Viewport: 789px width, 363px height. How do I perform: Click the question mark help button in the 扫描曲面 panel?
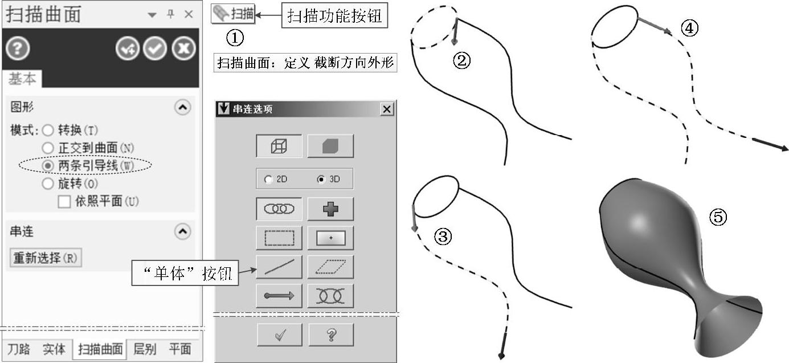pyautogui.click(x=17, y=48)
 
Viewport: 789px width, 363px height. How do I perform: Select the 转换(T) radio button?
pyautogui.click(x=48, y=130)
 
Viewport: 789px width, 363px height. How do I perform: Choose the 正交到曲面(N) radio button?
pyautogui.click(x=48, y=148)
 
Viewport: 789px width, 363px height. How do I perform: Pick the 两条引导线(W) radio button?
pyautogui.click(x=48, y=166)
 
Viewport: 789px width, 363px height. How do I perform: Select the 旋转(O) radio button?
pyautogui.click(x=48, y=183)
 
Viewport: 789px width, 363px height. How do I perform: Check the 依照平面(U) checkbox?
pyautogui.click(x=64, y=202)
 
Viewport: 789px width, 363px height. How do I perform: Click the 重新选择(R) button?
pyautogui.click(x=46, y=258)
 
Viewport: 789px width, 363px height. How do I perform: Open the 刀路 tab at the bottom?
pyautogui.click(x=19, y=349)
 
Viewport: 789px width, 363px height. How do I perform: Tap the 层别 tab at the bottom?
pyautogui.click(x=145, y=349)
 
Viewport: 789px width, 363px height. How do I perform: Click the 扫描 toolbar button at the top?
pyautogui.click(x=233, y=14)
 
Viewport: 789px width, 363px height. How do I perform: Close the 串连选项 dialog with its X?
pyautogui.click(x=387, y=109)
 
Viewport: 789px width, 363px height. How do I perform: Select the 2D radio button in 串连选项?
pyautogui.click(x=268, y=180)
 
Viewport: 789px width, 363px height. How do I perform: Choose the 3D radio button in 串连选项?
pyautogui.click(x=321, y=180)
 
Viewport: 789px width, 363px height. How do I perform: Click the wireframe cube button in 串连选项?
pyautogui.click(x=279, y=146)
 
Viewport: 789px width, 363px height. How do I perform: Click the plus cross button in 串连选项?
pyautogui.click(x=330, y=209)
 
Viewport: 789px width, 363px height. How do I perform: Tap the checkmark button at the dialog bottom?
pyautogui.click(x=280, y=335)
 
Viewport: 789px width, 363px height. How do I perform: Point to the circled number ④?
pyautogui.click(x=689, y=28)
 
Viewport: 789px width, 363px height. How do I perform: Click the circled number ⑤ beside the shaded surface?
pyautogui.click(x=718, y=217)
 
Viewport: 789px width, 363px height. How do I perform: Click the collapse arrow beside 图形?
pyautogui.click(x=182, y=107)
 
